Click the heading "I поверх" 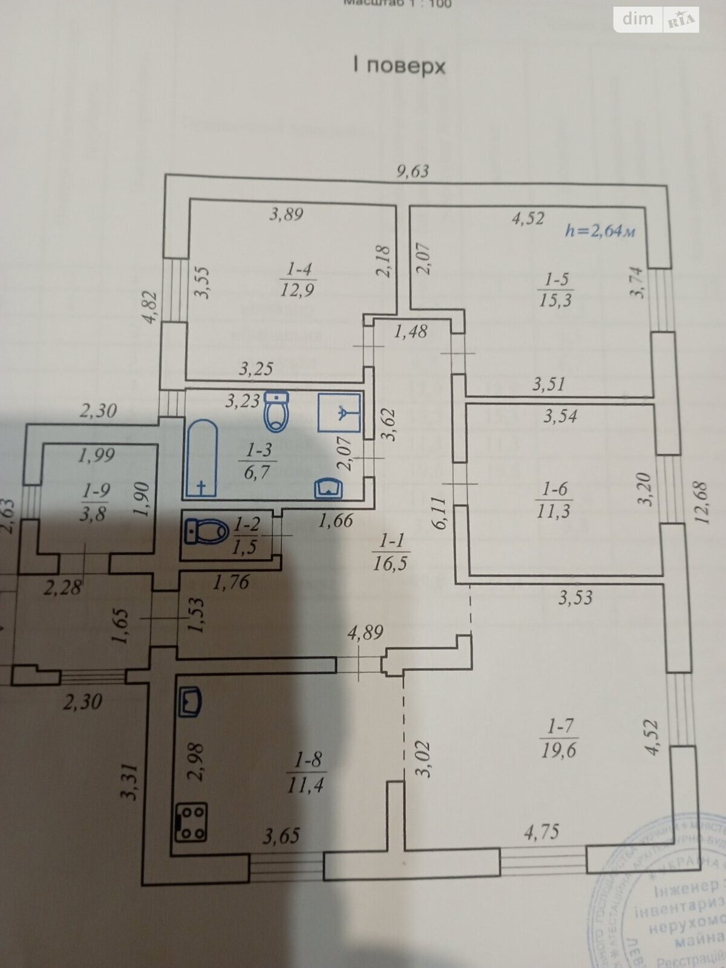point(399,65)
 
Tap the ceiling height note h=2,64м point(600,231)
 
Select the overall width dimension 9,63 point(413,171)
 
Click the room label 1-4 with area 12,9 point(296,279)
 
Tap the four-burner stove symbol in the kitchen point(191,822)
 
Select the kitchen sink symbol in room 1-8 point(191,702)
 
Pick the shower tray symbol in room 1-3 point(339,411)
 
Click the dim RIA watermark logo point(656,20)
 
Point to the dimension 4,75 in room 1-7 point(541,832)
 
